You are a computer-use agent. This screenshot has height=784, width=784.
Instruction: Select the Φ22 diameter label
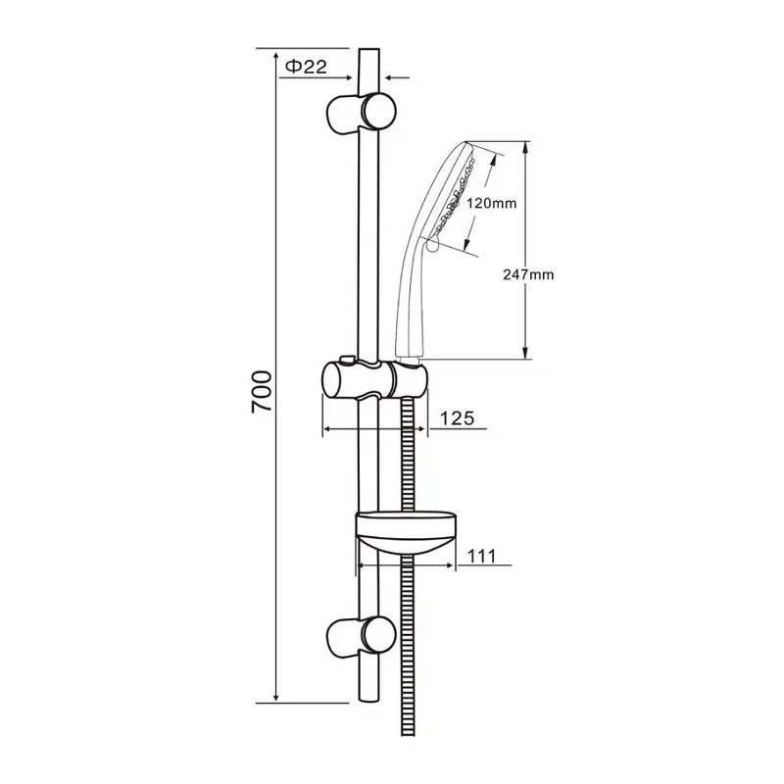click(x=304, y=67)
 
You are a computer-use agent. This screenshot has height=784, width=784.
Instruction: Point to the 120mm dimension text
click(x=491, y=204)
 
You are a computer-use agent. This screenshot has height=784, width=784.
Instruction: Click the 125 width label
click(x=457, y=418)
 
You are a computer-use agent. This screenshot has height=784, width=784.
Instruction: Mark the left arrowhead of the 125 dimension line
click(x=327, y=428)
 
